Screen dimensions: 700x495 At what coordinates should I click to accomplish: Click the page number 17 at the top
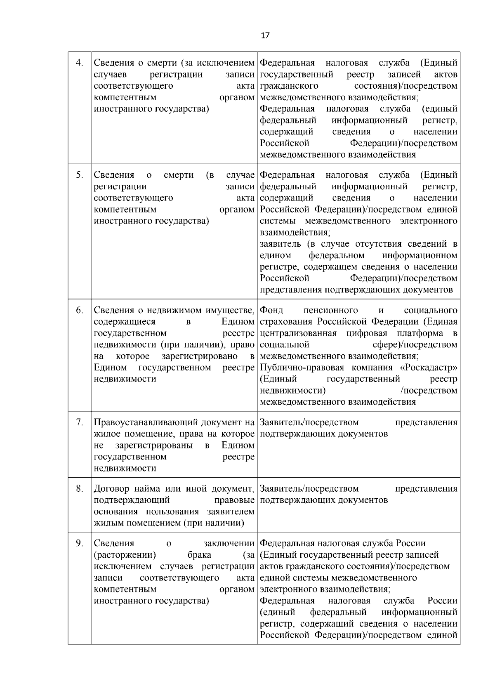coord(265,35)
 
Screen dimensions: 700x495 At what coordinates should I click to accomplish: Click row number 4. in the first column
coord(80,63)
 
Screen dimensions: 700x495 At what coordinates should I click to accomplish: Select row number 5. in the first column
coord(80,175)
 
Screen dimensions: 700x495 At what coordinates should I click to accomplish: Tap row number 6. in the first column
coord(80,310)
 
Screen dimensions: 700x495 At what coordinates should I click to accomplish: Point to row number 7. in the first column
coord(80,422)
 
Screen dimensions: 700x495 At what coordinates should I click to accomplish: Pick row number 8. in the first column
coord(80,489)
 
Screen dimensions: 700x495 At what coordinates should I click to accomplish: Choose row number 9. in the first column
coord(80,543)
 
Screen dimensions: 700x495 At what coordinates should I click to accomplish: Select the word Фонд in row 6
coord(271,310)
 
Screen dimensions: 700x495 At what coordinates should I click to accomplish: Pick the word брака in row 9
coord(199,555)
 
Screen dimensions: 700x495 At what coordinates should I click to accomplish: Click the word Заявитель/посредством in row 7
coord(309,422)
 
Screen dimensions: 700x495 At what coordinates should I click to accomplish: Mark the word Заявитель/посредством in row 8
coord(309,489)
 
